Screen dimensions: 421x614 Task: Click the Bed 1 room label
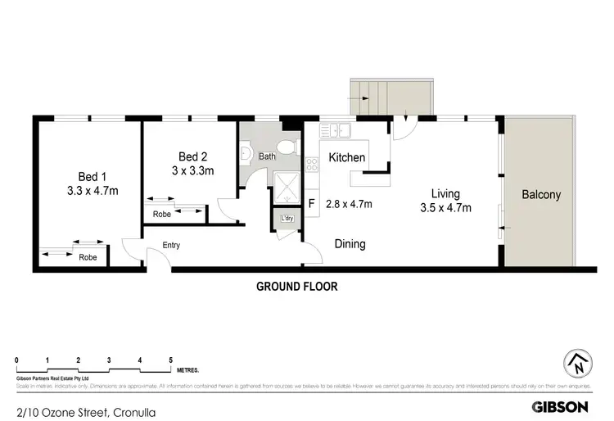click(x=93, y=177)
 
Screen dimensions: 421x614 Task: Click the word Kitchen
click(x=346, y=156)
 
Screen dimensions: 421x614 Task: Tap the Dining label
click(x=350, y=244)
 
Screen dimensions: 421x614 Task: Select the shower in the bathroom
click(x=287, y=189)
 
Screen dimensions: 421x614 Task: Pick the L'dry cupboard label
click(x=287, y=219)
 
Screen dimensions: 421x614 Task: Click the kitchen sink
click(x=336, y=129)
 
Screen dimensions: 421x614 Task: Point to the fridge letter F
click(x=311, y=205)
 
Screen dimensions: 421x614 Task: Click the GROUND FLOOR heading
click(x=296, y=287)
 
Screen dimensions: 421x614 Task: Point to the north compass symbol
click(x=577, y=362)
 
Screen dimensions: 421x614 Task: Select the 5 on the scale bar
click(x=170, y=360)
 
